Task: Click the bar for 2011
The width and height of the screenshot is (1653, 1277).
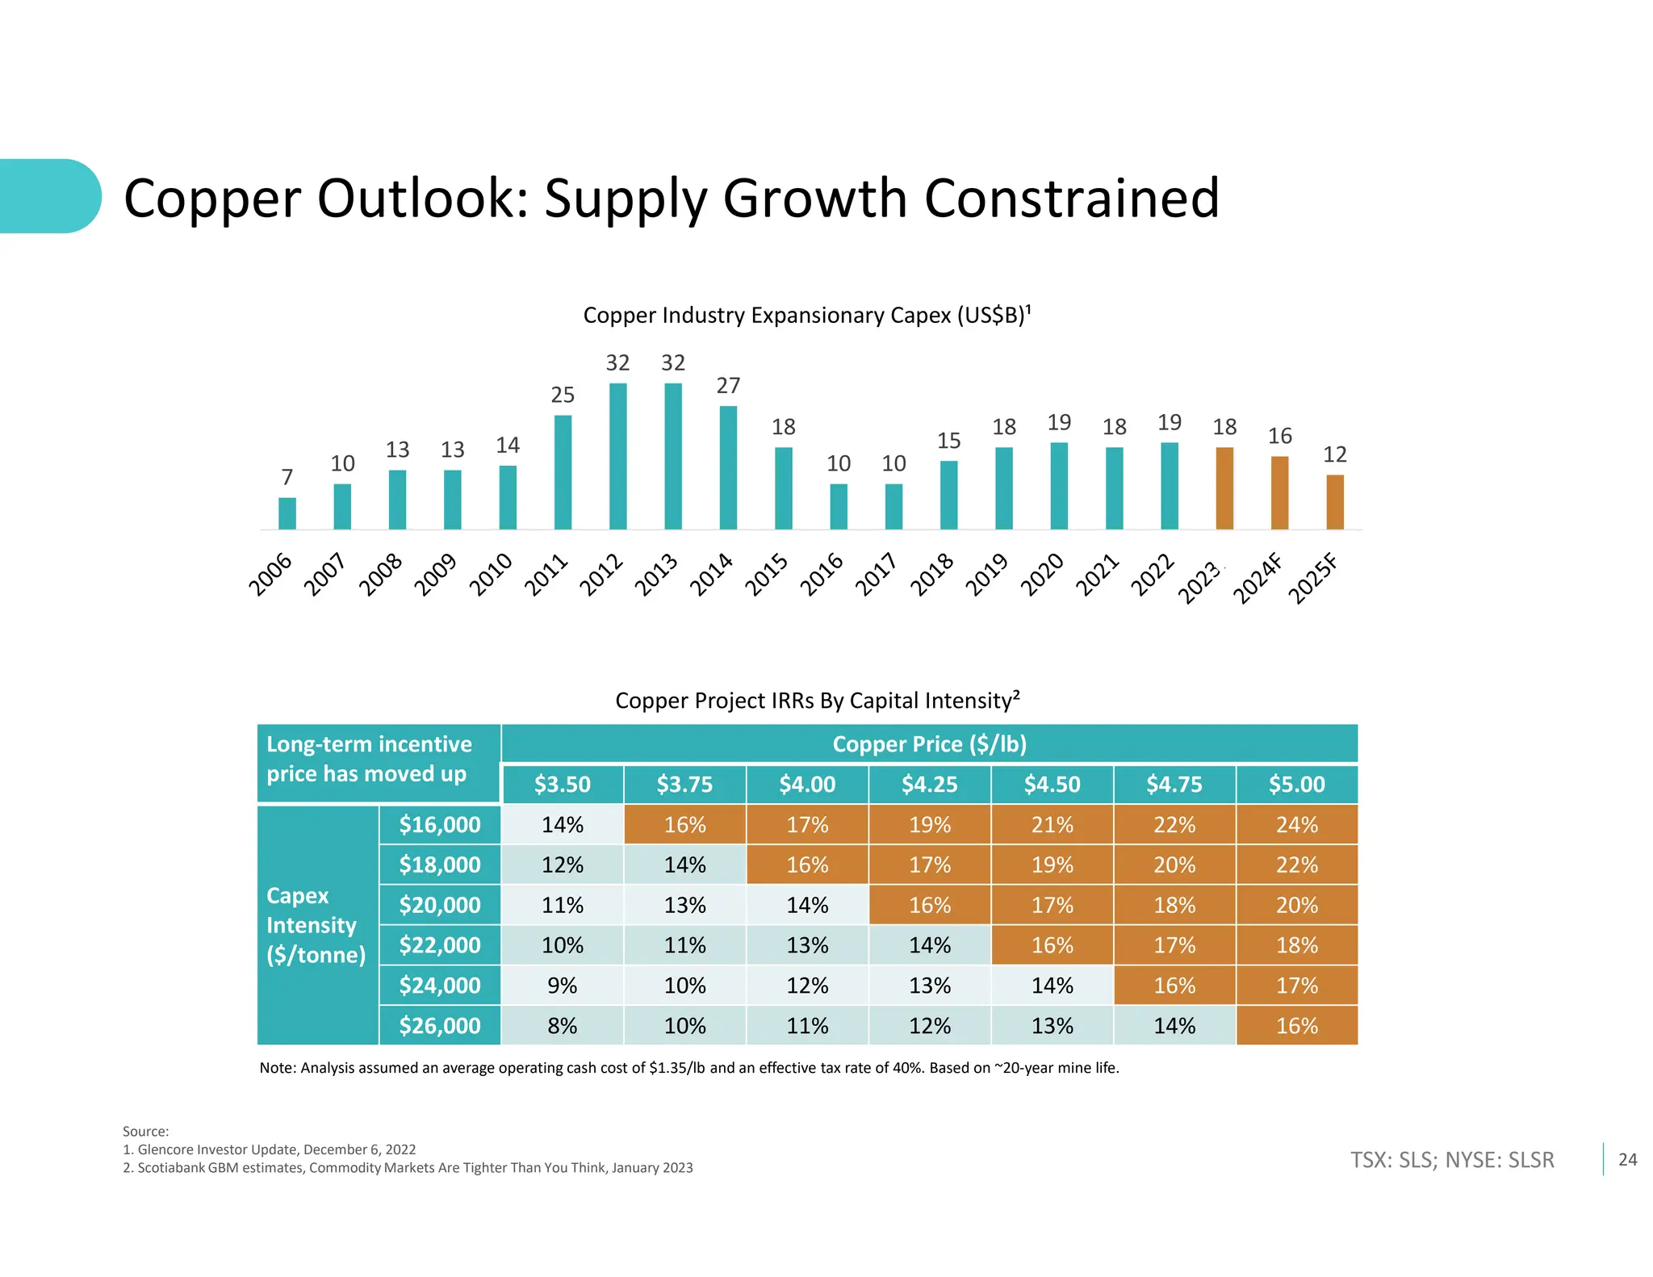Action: (x=563, y=472)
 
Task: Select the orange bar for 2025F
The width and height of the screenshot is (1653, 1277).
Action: (x=1335, y=502)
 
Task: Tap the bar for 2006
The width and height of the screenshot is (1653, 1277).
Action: (x=287, y=513)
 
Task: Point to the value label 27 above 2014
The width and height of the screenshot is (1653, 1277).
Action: (x=728, y=386)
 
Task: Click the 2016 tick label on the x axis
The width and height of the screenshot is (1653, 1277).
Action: (x=822, y=574)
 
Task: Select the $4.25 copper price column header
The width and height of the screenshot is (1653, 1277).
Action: (x=930, y=784)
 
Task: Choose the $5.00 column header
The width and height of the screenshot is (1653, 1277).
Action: (x=1296, y=784)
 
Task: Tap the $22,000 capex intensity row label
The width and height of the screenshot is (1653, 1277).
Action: (x=440, y=944)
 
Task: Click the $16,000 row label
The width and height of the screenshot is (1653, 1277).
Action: (x=440, y=824)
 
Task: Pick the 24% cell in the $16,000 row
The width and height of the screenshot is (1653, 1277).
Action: (x=1296, y=824)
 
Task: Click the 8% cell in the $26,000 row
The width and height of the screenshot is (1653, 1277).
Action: (x=562, y=1025)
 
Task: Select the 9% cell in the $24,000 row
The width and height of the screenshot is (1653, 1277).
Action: (x=562, y=985)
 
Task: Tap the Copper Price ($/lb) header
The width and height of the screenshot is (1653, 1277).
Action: (x=929, y=743)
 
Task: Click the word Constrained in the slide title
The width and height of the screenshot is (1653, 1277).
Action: (x=1071, y=199)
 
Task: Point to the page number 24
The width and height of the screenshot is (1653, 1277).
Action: (x=1627, y=1159)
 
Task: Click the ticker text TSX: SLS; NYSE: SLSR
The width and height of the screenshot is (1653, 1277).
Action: (x=1452, y=1160)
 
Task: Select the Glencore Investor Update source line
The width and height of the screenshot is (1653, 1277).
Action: (x=270, y=1149)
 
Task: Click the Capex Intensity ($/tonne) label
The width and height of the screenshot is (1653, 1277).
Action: (x=316, y=925)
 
